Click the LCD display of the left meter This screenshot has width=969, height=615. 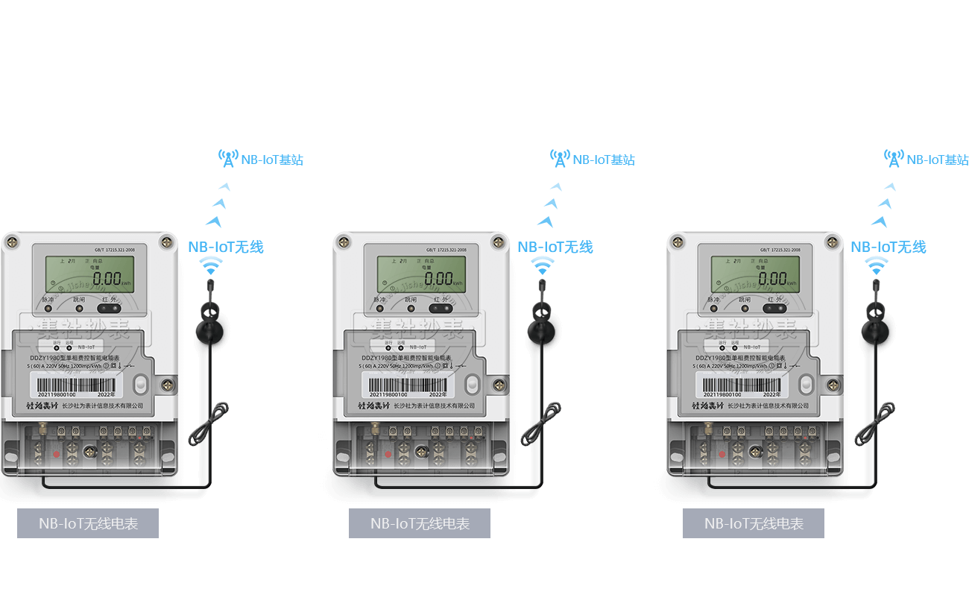(89, 277)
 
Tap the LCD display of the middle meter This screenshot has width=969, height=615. (422, 277)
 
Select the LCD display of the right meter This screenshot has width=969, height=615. (756, 277)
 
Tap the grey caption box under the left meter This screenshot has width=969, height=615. (88, 523)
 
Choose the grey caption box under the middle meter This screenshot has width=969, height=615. (420, 523)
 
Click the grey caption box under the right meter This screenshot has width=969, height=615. (754, 523)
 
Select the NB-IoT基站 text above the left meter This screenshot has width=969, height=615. (271, 160)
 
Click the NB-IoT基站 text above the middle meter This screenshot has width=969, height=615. (603, 160)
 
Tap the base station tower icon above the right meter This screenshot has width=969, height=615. (894, 158)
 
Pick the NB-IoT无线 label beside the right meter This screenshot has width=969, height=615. (888, 247)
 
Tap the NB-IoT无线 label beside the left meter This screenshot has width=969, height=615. (226, 247)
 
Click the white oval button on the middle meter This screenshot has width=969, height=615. (471, 385)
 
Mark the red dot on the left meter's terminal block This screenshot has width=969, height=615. (55, 453)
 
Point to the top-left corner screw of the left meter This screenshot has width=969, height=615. (12, 242)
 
